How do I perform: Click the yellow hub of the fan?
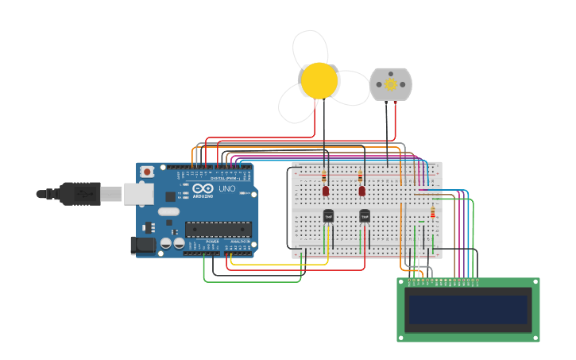click(319, 80)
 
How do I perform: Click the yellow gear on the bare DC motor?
click(390, 84)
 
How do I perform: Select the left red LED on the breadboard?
click(326, 192)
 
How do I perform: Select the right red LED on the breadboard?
click(362, 192)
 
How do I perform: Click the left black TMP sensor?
click(328, 215)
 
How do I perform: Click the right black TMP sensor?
click(365, 215)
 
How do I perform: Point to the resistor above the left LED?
click(324, 176)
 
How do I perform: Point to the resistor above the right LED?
click(361, 176)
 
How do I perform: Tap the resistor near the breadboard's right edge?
click(432, 212)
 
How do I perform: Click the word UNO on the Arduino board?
click(228, 189)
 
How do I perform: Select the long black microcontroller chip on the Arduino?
click(218, 229)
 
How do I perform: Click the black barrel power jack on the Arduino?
click(143, 245)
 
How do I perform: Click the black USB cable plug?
click(79, 193)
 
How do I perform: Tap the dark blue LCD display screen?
click(468, 309)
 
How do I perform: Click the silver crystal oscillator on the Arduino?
click(168, 211)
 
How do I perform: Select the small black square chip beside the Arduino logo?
click(170, 196)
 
